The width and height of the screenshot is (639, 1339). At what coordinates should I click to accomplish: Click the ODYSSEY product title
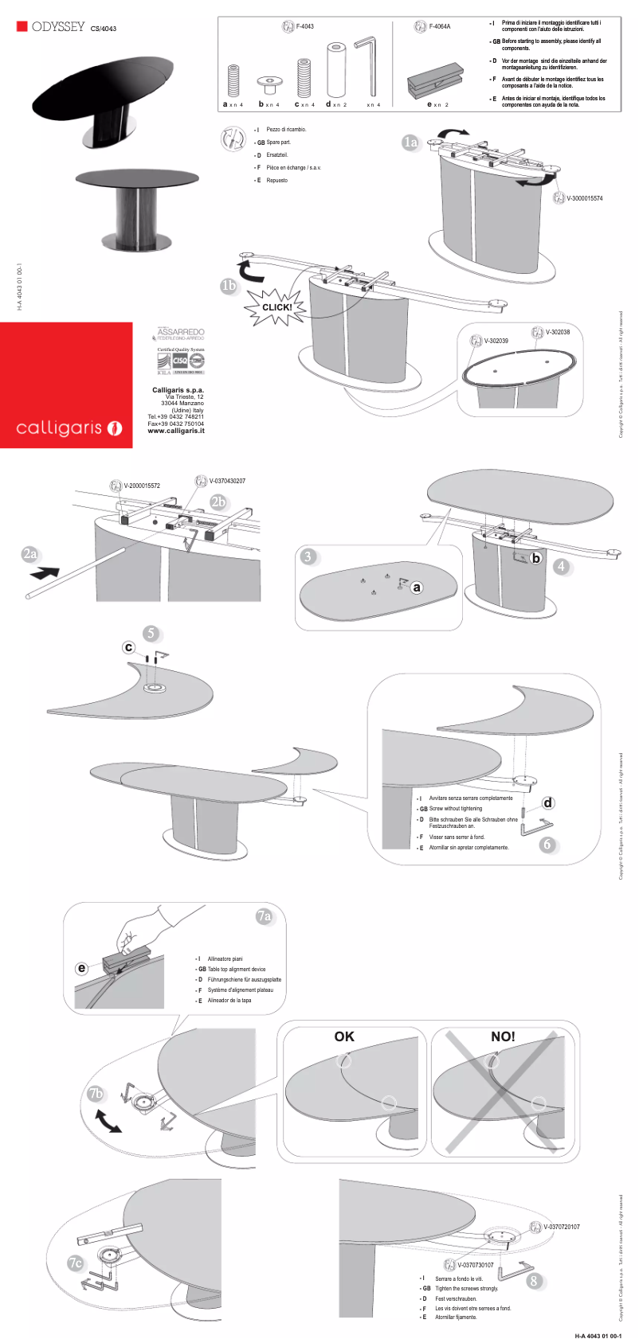pos(58,27)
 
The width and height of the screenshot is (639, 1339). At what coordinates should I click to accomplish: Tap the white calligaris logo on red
pos(69,428)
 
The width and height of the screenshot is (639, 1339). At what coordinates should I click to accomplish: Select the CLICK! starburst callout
pos(276,307)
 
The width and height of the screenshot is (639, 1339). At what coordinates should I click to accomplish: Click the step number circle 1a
pos(410,142)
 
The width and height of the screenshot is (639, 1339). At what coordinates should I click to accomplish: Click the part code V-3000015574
pos(584,198)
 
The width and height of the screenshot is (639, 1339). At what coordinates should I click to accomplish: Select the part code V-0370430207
pos(227,481)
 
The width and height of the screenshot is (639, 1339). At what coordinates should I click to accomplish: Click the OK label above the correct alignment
pos(344,1036)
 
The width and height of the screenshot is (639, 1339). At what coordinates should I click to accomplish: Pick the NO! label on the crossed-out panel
pos(503,1036)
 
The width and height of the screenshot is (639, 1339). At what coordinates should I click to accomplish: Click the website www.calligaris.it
pos(175,431)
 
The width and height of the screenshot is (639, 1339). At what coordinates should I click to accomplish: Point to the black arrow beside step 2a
pos(44,572)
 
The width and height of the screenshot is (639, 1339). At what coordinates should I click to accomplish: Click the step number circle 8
pos(534,1281)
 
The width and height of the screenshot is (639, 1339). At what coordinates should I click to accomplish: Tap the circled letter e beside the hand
pos(81,968)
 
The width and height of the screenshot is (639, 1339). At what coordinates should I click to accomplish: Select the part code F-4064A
pos(439,26)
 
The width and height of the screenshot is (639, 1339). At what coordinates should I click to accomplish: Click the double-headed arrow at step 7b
pos(108,1122)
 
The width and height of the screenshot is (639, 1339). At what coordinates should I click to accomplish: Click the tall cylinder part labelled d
pos(335,70)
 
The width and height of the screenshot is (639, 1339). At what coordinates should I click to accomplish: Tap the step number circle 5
pos(151,634)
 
